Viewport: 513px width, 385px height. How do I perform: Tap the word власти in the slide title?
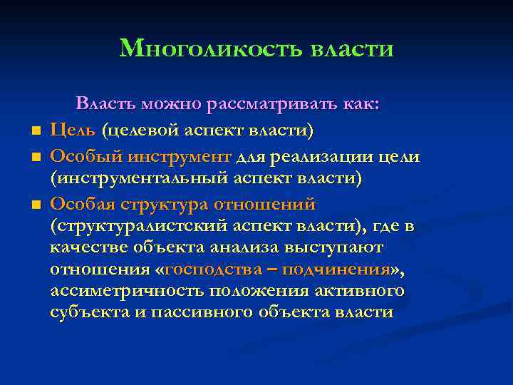(x=352, y=48)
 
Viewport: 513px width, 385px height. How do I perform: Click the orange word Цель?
(x=74, y=130)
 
